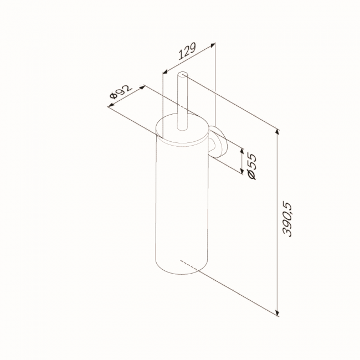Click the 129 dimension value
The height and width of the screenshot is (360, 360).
point(187,51)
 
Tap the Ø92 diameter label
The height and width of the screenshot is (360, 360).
point(121,91)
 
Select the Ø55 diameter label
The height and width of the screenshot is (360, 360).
point(251,166)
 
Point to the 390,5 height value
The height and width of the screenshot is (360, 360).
point(287,220)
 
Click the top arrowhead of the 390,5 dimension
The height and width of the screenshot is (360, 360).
point(278,132)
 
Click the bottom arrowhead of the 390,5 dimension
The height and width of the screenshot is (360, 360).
point(278,313)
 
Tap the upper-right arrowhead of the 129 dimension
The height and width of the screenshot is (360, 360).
point(213,44)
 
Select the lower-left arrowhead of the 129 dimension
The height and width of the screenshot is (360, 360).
point(165,72)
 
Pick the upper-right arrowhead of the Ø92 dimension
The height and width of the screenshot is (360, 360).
point(143,87)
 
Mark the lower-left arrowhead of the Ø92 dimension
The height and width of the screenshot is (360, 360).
point(111,105)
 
